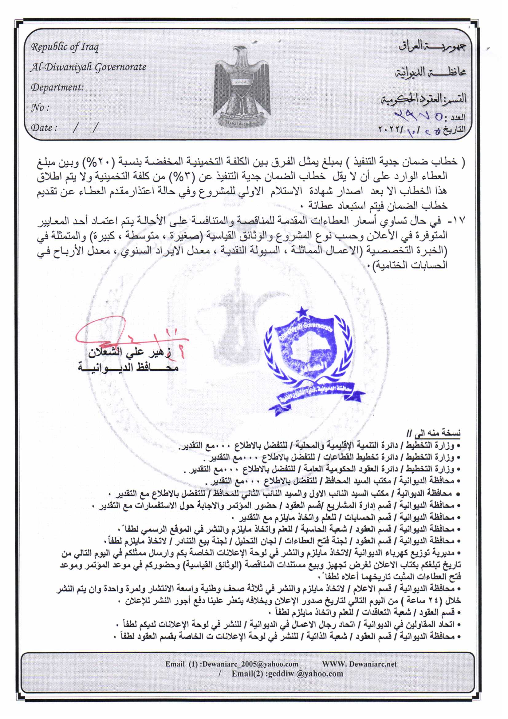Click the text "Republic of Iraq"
click(x=65, y=47)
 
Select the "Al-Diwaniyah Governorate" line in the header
click(x=88, y=67)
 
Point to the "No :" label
click(x=40, y=108)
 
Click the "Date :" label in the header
click(x=44, y=128)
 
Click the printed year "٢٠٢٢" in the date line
click(x=390, y=129)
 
